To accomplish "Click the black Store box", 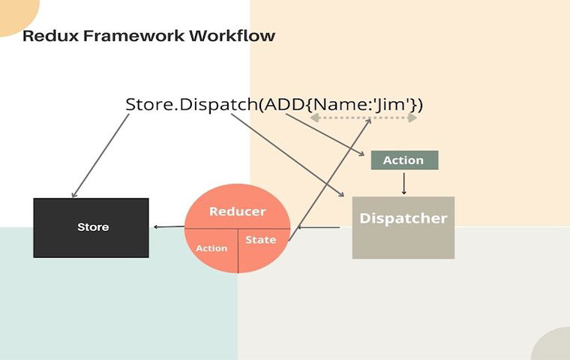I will tap(91, 228).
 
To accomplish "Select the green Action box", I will tap(403, 160).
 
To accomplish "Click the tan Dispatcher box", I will tap(403, 227).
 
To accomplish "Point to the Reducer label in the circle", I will tap(237, 211).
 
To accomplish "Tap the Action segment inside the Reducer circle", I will tap(211, 248).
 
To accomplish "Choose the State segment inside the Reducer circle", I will tap(261, 241).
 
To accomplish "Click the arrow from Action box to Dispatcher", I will tap(404, 182).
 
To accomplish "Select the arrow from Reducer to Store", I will tap(168, 226).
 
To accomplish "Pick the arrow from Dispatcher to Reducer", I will tap(321, 226).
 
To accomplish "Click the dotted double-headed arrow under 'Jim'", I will tap(364, 118).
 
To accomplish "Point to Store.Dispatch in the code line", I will tap(190, 103).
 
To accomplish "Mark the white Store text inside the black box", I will tap(93, 226).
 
